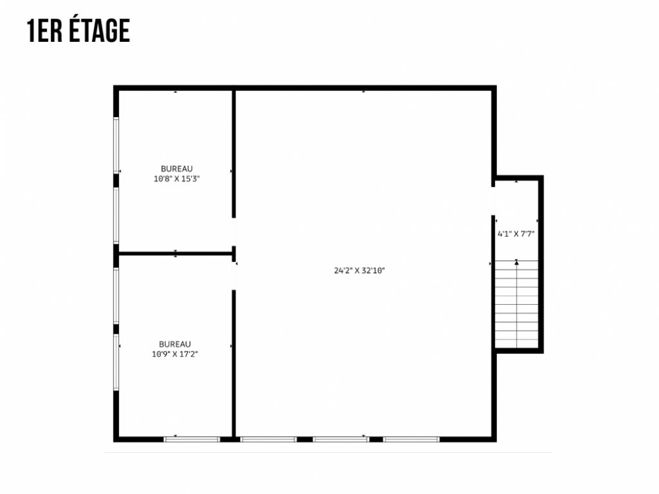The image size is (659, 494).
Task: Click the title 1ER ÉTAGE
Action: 79,31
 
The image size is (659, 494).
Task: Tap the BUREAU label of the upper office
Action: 176,169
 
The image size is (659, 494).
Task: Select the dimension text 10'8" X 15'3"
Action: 176,179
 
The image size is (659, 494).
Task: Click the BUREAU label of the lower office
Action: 175,344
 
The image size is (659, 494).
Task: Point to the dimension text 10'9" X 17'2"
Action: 175,354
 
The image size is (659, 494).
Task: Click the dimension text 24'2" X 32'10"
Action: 359,271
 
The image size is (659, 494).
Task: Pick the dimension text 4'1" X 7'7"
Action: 516,234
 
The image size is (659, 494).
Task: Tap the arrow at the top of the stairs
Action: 516,262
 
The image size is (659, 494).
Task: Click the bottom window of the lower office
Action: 192,439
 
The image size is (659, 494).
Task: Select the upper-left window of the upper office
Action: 116,145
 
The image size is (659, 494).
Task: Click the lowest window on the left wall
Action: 116,362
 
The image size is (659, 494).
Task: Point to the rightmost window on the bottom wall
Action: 411,439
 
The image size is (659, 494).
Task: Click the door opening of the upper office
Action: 234,232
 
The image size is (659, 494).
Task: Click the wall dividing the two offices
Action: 175,253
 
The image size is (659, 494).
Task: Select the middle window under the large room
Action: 341,439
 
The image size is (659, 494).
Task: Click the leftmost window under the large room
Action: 268,439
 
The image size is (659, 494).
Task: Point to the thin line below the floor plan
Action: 328,452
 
